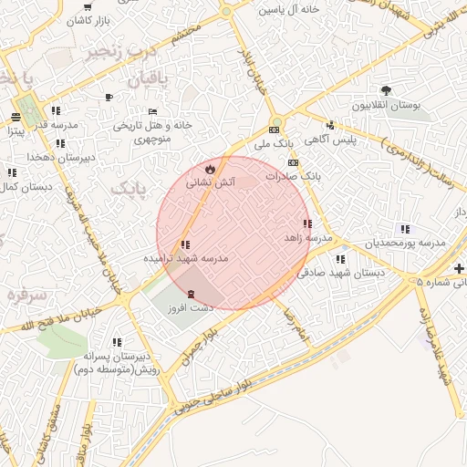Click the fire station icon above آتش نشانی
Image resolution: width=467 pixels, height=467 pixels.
click(211, 169)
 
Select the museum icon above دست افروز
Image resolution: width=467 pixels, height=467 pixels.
click(191, 294)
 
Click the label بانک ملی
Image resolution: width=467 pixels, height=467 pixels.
click(275, 144)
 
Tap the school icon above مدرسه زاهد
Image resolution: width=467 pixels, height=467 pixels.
click(307, 223)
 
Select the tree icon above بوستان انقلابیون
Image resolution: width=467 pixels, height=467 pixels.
click(387, 90)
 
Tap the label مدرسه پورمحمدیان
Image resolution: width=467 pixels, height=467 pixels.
click(408, 244)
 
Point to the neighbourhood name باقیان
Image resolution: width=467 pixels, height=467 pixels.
click(144, 81)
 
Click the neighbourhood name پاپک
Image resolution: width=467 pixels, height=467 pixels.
click(129, 188)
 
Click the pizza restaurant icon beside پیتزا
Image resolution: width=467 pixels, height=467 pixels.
click(16, 116)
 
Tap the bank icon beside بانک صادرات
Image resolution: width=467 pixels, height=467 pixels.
click(291, 162)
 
